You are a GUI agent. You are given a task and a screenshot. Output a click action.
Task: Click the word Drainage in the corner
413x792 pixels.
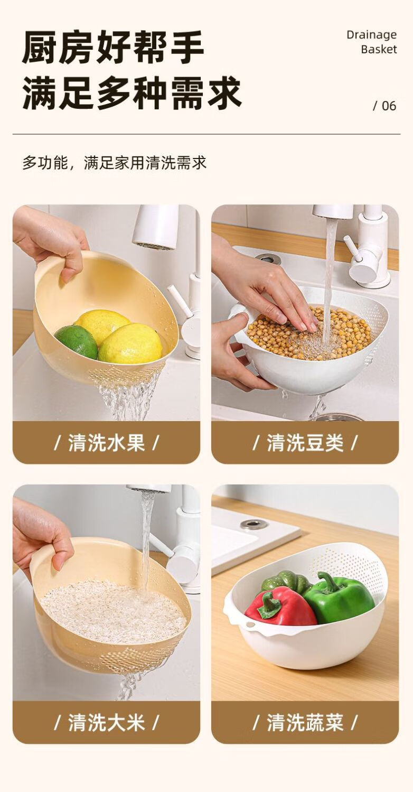click(x=371, y=35)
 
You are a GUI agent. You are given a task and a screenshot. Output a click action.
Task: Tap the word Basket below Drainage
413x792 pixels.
click(x=379, y=50)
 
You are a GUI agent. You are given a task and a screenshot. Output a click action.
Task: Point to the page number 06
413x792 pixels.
click(x=389, y=106)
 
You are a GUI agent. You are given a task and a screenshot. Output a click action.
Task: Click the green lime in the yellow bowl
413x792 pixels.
click(x=76, y=341)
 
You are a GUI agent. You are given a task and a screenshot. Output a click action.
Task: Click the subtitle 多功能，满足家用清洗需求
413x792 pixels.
click(x=115, y=163)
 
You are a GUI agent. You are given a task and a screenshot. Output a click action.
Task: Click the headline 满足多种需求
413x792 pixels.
click(x=132, y=93)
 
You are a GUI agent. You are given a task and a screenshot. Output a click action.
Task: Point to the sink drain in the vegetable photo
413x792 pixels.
click(x=254, y=524)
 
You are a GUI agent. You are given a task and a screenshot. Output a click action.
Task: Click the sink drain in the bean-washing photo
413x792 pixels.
click(x=268, y=258)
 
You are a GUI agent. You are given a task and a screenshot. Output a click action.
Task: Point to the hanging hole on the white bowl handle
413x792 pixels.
click(x=252, y=635)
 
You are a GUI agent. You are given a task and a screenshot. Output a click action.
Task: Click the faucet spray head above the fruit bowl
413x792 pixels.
click(x=156, y=226)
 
